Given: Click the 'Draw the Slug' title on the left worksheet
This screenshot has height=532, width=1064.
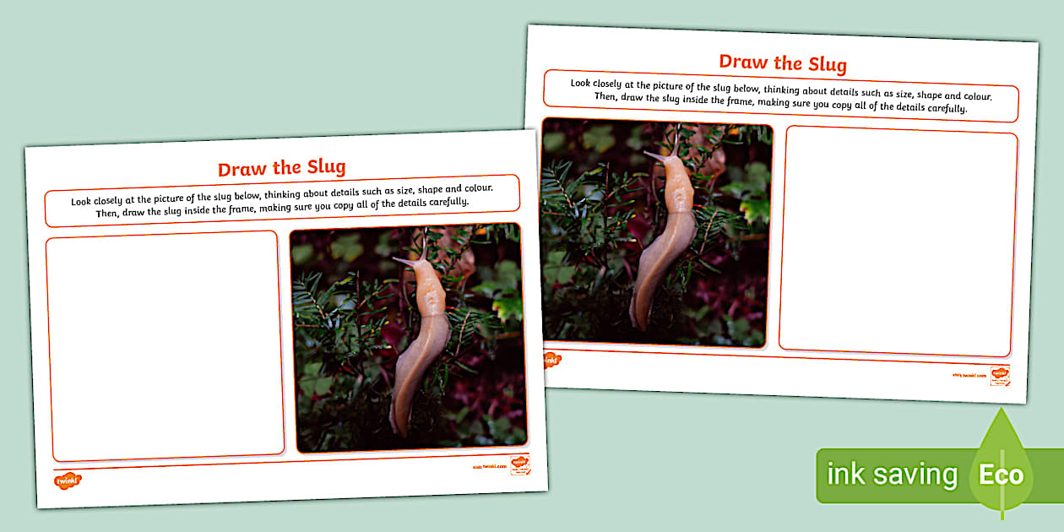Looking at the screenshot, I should (x=281, y=167).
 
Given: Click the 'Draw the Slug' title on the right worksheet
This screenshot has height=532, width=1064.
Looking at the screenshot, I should (x=783, y=62).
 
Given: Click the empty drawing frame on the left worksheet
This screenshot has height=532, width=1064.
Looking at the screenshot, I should (x=165, y=346).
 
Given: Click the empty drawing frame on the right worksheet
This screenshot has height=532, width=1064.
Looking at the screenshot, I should (x=898, y=242).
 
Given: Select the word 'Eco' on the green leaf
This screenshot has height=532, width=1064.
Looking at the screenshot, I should (x=1001, y=475).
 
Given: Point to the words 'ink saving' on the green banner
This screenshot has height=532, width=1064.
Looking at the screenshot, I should (x=892, y=475).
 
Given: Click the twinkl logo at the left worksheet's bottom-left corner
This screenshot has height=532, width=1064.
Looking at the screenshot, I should (x=68, y=480).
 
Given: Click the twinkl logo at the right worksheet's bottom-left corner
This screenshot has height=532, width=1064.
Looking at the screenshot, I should (x=551, y=360).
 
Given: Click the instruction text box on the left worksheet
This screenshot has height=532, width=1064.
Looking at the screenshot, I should (x=281, y=201).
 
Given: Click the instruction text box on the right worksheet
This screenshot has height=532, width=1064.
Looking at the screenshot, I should (x=780, y=96).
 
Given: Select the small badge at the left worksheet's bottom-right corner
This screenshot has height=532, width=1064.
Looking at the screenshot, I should (x=520, y=465).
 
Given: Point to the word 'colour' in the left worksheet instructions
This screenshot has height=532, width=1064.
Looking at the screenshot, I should (x=475, y=188).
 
